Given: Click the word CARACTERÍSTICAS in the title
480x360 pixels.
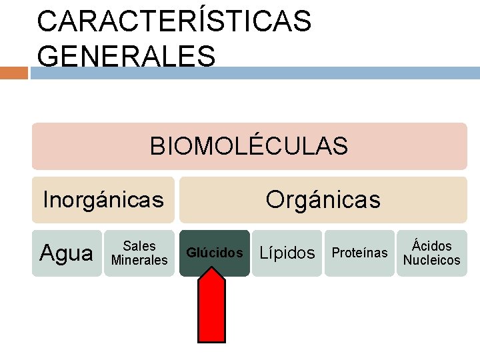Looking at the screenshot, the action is click(x=174, y=21).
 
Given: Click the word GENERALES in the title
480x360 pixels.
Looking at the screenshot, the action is click(x=126, y=56).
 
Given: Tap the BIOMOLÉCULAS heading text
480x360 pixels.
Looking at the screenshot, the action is click(x=249, y=146).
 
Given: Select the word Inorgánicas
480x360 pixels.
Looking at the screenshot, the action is click(x=103, y=199).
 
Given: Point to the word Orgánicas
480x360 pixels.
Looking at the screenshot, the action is click(x=323, y=199).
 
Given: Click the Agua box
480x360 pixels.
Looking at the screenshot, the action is click(x=67, y=253).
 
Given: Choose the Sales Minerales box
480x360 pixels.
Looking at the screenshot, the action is click(x=139, y=253).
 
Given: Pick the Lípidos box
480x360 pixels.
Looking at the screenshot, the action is click(x=287, y=253).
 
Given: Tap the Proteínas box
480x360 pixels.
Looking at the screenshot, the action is click(x=359, y=253).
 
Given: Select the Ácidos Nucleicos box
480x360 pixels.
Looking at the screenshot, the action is click(x=431, y=253).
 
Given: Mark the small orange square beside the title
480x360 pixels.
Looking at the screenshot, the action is click(x=13, y=72).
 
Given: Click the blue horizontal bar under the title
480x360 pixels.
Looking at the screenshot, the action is click(x=253, y=72).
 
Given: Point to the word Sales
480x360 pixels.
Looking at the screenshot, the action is click(x=139, y=246).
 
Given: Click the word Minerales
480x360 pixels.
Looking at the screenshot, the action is click(x=139, y=260).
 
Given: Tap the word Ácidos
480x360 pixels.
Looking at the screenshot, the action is click(x=431, y=246).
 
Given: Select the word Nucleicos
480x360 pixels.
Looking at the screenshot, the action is click(x=431, y=260).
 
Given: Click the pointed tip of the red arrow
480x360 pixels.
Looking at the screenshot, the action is click(x=212, y=269).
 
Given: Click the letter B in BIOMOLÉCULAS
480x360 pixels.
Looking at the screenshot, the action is click(x=157, y=146).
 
